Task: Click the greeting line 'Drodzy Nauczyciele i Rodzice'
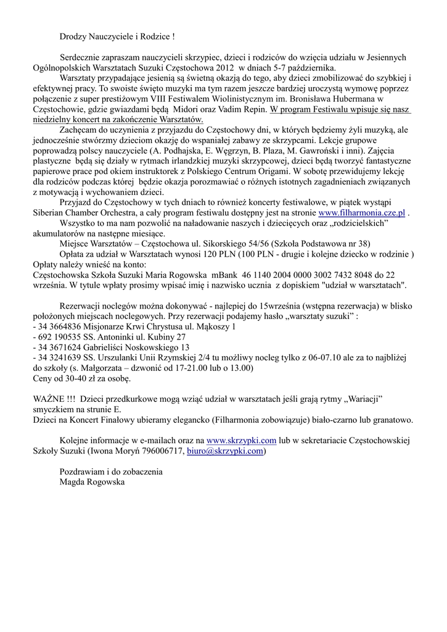[x=117, y=38]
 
